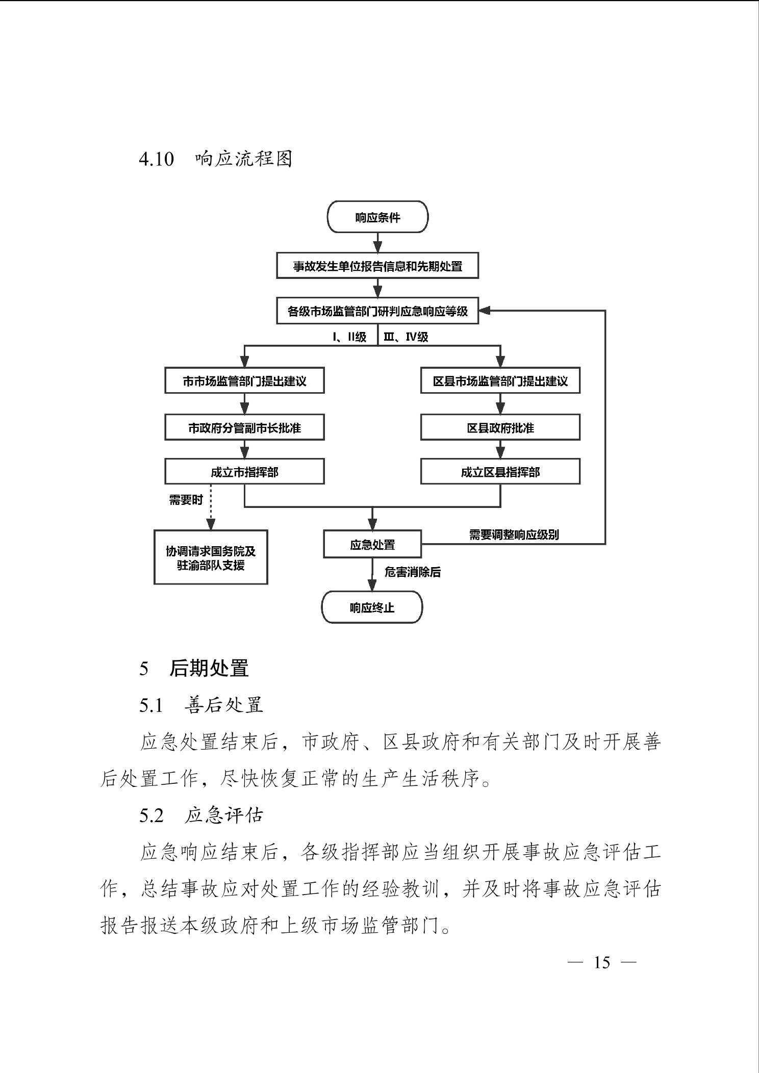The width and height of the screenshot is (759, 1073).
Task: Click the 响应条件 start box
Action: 377,217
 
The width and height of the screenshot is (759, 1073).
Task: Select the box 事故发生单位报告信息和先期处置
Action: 377,266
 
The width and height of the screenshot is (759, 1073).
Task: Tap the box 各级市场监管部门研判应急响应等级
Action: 377,311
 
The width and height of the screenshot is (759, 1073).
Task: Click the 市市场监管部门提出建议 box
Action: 244,381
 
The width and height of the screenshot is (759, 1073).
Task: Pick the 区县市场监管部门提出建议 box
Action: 500,381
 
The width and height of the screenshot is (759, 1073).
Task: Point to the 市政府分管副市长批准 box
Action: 244,427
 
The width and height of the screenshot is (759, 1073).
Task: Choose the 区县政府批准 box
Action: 500,427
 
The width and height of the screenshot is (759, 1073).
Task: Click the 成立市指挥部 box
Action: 244,472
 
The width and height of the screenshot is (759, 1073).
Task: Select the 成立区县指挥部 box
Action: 500,472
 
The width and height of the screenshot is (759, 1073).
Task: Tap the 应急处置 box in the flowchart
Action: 372,544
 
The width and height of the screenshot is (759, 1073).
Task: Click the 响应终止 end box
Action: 372,607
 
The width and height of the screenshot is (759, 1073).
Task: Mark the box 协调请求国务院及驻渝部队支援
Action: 211,557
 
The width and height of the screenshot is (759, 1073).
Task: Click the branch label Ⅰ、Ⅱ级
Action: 350,337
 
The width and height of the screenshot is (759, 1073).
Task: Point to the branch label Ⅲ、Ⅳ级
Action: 406,337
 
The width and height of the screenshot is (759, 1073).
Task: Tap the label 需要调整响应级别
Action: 514,534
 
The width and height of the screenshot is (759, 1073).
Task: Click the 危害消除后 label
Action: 412,572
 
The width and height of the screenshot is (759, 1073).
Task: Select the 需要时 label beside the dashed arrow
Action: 186,500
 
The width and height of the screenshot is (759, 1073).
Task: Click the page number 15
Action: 602,962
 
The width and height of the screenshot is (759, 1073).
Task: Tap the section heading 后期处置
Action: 209,668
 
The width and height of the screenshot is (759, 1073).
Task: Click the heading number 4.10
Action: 156,159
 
